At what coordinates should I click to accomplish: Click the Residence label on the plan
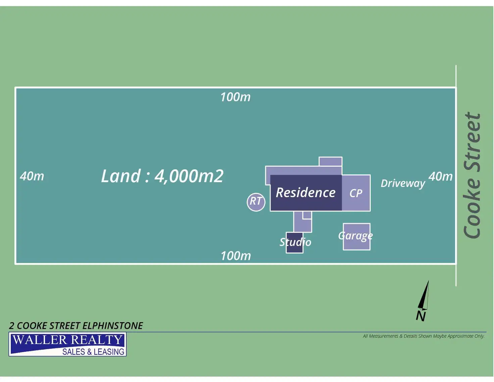click(305, 193)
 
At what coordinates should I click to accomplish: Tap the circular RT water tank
click(256, 202)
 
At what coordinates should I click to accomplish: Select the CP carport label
click(356, 193)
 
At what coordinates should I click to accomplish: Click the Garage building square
click(356, 237)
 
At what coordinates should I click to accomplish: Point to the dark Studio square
click(294, 242)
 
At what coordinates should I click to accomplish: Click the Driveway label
click(403, 183)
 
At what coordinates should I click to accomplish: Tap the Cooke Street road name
click(473, 175)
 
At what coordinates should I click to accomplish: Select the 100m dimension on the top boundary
click(235, 97)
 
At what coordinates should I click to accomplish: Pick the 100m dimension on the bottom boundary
click(236, 256)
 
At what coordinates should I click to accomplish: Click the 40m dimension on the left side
click(32, 176)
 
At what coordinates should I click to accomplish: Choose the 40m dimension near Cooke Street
click(440, 176)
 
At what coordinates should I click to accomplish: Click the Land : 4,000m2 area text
click(162, 176)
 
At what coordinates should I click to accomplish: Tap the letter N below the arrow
click(421, 316)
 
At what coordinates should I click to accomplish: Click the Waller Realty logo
click(67, 344)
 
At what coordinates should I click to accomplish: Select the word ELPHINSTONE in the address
click(113, 326)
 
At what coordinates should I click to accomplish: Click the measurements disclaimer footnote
click(424, 336)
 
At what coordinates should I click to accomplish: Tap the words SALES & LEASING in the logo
click(93, 352)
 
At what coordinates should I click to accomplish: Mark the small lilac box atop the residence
click(331, 162)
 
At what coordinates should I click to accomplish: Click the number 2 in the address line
click(12, 326)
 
